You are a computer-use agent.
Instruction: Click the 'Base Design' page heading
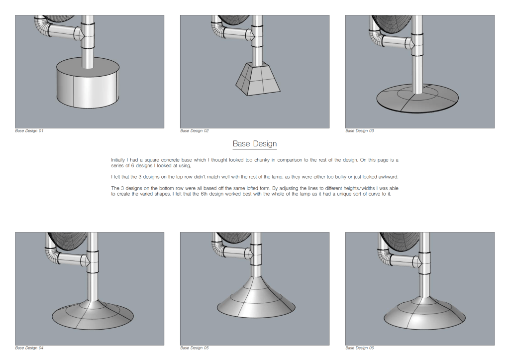tap(255, 143)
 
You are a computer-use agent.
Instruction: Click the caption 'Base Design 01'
tap(29, 130)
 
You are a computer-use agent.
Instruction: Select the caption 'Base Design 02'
tap(195, 130)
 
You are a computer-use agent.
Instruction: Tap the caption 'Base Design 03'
tap(360, 130)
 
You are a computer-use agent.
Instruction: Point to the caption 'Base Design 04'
tap(29, 348)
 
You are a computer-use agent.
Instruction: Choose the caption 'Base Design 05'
tap(195, 348)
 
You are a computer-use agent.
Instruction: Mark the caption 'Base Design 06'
tap(360, 348)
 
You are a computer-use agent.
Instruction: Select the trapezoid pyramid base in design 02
tap(258, 79)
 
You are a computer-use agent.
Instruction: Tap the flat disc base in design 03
tap(417, 99)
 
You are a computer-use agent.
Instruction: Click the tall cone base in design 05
tap(256, 298)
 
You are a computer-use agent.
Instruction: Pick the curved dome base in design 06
tap(424, 314)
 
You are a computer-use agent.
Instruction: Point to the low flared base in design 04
tap(93, 315)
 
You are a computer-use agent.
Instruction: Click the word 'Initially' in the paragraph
tap(118, 160)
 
